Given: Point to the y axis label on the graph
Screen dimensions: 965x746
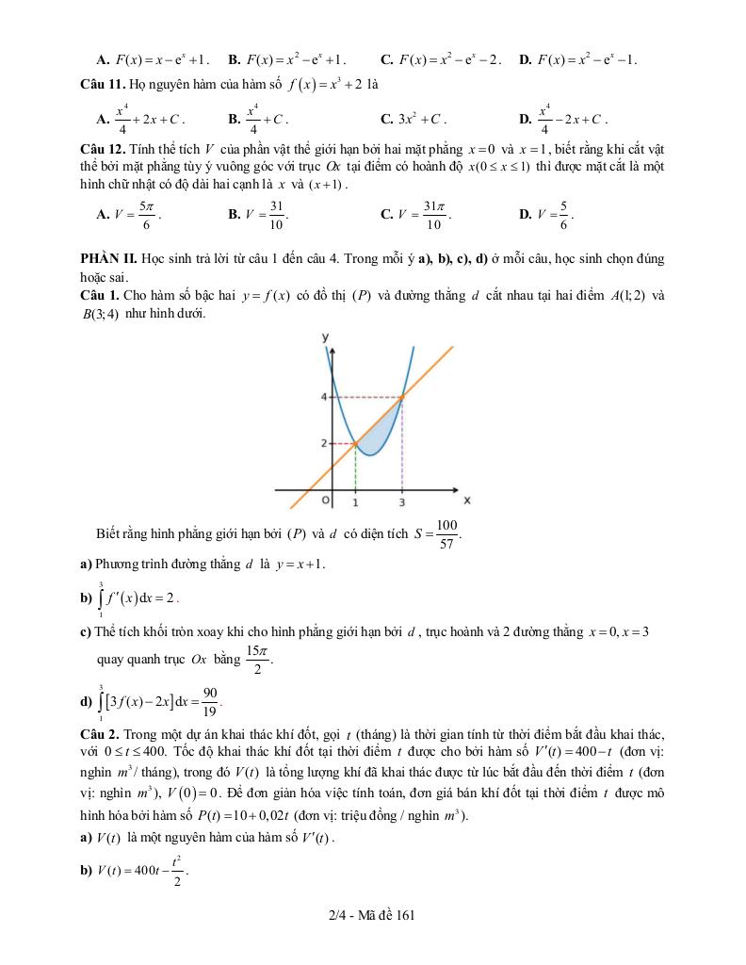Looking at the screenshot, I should pos(325,336).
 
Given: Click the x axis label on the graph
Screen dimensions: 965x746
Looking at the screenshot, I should pos(467,499).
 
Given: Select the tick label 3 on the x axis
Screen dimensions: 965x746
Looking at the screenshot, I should pos(402,504).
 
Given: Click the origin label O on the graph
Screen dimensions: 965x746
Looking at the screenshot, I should pos(325,500).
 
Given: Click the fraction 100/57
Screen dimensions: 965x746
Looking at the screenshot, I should pos(447,533).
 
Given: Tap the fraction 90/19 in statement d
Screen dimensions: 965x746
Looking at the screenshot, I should pos(210,701).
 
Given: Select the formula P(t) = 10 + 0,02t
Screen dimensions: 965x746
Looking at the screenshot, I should pos(350,816).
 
